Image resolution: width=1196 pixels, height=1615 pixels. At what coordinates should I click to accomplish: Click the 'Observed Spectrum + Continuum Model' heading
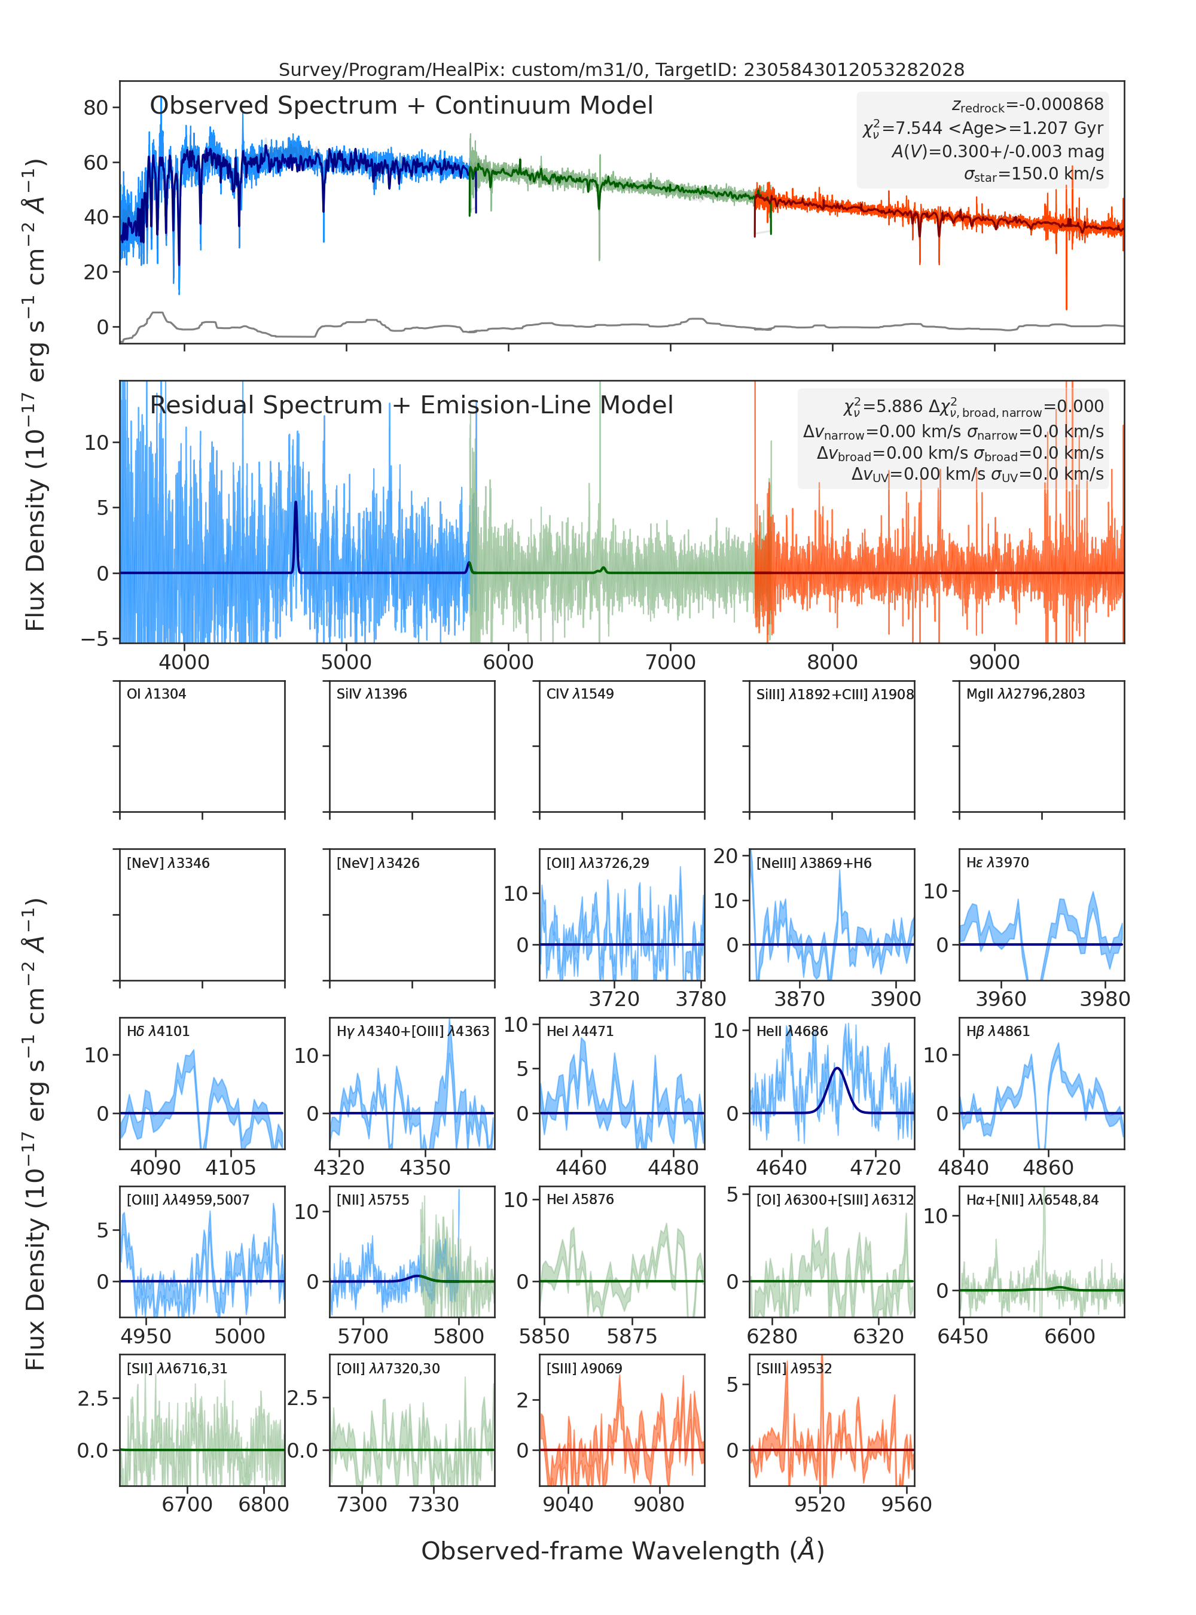[x=401, y=106]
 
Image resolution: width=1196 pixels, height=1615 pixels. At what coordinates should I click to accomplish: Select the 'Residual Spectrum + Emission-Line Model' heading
[x=411, y=405]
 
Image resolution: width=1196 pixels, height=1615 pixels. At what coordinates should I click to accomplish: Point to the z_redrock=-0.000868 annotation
[x=1027, y=106]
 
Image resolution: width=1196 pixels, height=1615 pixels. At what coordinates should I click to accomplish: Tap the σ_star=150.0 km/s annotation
[x=1033, y=174]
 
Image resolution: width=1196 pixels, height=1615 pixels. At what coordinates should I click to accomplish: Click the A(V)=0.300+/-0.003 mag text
[x=997, y=151]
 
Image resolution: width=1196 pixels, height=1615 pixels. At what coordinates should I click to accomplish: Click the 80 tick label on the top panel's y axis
[x=96, y=108]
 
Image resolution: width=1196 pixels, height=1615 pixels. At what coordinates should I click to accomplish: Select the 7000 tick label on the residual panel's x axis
[x=670, y=662]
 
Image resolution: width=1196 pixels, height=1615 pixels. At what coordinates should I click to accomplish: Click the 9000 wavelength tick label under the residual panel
[x=994, y=662]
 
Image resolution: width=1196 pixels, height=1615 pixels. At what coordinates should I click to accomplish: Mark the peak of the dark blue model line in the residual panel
[x=295, y=502]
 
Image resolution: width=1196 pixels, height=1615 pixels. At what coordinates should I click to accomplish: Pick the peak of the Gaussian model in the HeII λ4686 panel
[x=837, y=1068]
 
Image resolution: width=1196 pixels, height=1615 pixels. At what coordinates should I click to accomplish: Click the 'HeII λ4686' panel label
[x=792, y=1031]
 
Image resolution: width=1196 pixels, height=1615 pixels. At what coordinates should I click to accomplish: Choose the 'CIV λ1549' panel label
[x=580, y=694]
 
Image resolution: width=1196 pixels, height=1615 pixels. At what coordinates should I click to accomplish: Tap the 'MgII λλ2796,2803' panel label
[x=1026, y=694]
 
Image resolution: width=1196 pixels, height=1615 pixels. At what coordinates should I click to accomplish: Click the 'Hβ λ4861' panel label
[x=997, y=1031]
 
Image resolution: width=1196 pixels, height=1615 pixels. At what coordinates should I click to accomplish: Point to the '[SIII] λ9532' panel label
[x=794, y=1368]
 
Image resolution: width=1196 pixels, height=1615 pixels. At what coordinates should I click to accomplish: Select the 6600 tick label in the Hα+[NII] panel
[x=1069, y=1336]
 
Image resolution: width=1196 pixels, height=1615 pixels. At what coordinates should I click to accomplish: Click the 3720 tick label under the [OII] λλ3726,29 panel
[x=614, y=999]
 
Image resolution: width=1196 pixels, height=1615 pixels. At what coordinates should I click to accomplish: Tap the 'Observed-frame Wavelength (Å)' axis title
[x=623, y=1550]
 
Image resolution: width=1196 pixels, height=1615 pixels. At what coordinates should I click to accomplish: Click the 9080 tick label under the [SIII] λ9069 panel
[x=659, y=1504]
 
